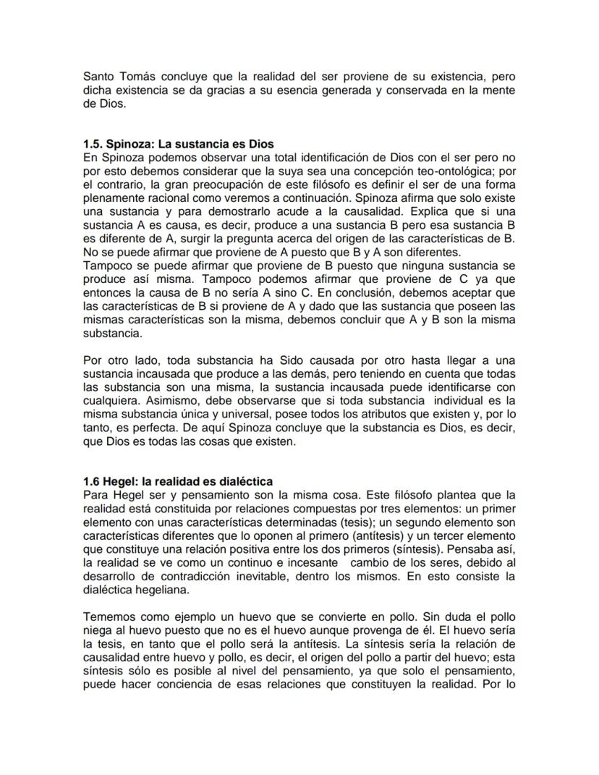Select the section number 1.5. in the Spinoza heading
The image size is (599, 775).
[95, 144]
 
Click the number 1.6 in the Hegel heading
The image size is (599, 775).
[92, 481]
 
